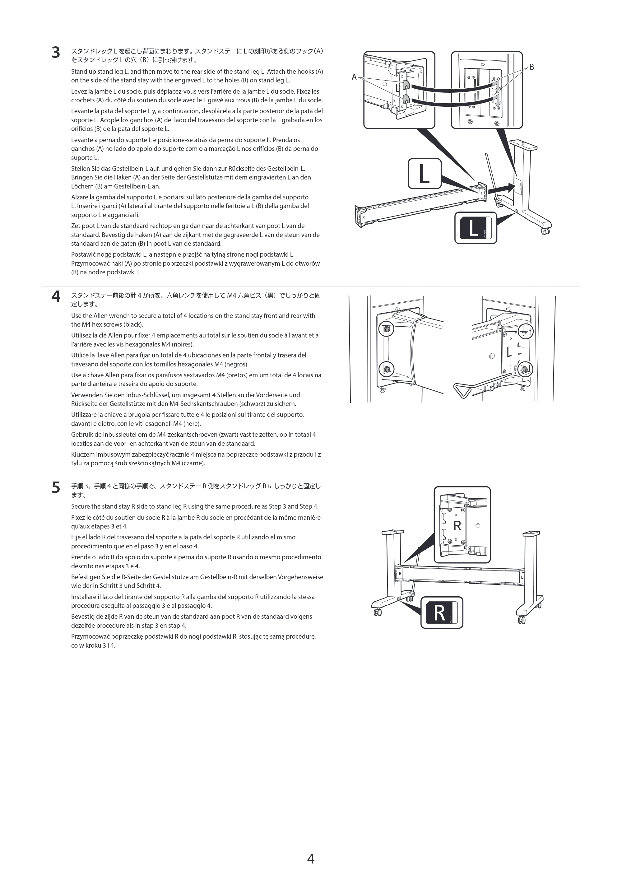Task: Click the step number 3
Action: click(x=56, y=53)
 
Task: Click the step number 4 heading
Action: click(x=56, y=297)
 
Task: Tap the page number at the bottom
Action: click(x=311, y=859)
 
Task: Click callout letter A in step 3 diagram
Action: click(x=354, y=77)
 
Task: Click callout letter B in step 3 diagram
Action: click(x=531, y=68)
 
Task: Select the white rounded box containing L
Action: click(x=424, y=174)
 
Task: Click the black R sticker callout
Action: click(x=442, y=612)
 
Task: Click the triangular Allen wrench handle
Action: click(x=462, y=391)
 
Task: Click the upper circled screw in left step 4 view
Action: click(x=386, y=329)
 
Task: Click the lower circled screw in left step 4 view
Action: click(x=386, y=370)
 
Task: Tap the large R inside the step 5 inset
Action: click(x=457, y=525)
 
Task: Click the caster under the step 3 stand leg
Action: click(x=545, y=231)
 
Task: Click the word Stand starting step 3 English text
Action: click(x=79, y=72)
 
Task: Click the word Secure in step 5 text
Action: click(x=81, y=506)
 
